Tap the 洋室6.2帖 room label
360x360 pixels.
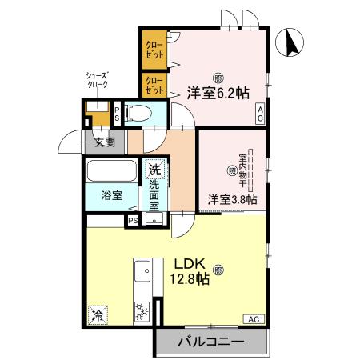coord(218,92)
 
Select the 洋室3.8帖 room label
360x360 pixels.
coord(232,198)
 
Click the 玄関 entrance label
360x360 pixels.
coord(104,143)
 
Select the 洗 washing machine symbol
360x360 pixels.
coord(154,170)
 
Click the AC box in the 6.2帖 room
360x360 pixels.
coord(261,115)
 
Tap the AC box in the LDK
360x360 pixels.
coord(252,319)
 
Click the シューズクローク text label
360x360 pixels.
coord(98,79)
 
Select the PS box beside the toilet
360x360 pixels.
coord(118,113)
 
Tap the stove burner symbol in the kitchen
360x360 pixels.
coord(145,312)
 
